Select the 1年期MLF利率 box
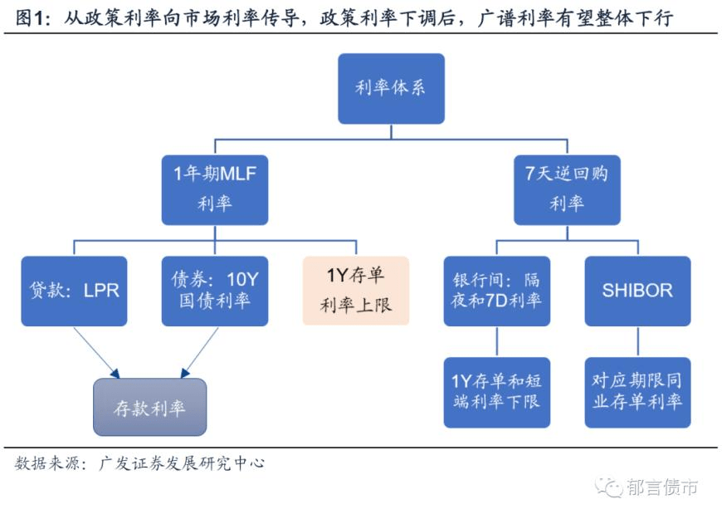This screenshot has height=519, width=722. pos(215,189)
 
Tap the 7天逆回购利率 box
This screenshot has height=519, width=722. pos(567,189)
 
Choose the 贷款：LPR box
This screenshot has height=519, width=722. pos(74,291)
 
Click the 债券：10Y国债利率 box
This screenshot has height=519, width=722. pos(215,291)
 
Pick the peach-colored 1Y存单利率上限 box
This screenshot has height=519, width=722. pos(356,291)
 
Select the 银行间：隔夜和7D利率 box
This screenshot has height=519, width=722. pos(496,291)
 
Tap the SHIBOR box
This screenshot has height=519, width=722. pos(637,291)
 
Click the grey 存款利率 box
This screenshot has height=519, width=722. pos(149,407)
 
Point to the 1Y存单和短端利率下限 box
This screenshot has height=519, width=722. pos(496,392)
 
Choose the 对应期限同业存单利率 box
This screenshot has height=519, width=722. pos(637,392)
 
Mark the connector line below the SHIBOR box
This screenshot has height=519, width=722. pos(637,341)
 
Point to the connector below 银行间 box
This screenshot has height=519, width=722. pos(496,341)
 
